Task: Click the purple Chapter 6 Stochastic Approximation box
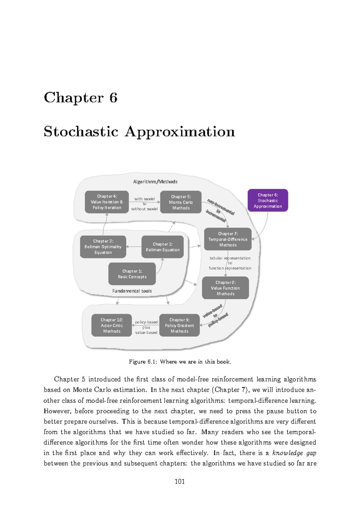tap(268, 200)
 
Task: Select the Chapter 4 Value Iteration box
tap(107, 202)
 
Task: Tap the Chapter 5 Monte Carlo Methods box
tap(181, 202)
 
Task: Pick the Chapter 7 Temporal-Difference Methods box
tap(228, 239)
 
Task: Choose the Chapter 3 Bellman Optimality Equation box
tap(103, 247)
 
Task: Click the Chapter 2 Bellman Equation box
tap(162, 247)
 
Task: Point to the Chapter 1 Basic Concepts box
tap(132, 274)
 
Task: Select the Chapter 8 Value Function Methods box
tap(225, 288)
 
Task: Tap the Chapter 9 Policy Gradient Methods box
tap(179, 325)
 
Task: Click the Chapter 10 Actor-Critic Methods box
tap(112, 325)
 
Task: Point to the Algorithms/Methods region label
tap(155, 182)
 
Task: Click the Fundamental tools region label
tap(132, 291)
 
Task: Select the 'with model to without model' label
tap(144, 204)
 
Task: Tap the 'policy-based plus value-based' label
tap(146, 327)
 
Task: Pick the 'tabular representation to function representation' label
tap(230, 263)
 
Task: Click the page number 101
tap(179, 481)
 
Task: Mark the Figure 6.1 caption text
tap(180, 362)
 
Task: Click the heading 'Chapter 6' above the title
tap(80, 98)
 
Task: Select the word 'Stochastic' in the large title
tap(81, 131)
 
